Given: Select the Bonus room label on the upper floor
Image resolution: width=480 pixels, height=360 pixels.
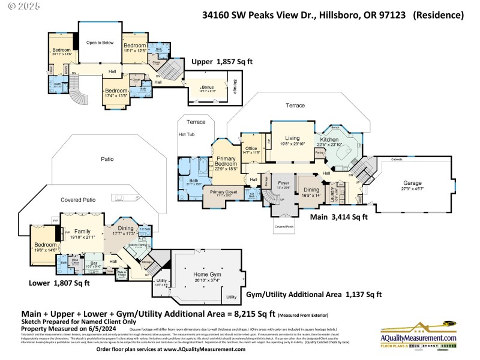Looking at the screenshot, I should pos(208,88).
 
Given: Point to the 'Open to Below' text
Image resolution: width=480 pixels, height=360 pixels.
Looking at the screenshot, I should pos(100,43).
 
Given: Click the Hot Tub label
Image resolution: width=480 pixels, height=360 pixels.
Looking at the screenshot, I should pos(187,134).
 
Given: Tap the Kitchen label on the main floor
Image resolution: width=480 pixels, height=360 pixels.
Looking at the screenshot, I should pos(329,139).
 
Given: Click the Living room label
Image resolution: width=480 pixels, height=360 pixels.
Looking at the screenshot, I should pos(292,138).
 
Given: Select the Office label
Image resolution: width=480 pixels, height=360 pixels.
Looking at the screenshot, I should pos(251,148).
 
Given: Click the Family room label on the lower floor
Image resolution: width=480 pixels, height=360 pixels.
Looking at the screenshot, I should pos(82,231).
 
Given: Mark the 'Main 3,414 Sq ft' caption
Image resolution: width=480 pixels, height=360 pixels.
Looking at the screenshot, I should pos(338,217).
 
